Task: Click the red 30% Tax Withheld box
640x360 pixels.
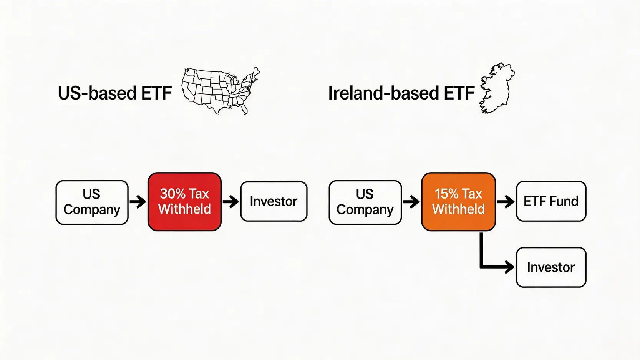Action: pos(184,202)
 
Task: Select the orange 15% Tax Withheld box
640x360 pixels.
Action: pos(459,202)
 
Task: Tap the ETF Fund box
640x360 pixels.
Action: pos(551,201)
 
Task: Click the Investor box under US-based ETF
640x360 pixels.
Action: pos(274,201)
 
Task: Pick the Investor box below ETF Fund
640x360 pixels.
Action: pos(551,267)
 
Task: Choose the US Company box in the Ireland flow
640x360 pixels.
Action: pos(365,202)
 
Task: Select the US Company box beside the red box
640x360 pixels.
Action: pos(92,202)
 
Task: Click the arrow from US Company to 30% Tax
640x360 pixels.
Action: pos(138,202)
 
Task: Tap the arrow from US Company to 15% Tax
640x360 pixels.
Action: pos(411,202)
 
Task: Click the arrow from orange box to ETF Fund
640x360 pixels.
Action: pos(506,202)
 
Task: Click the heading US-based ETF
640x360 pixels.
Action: pos(114,93)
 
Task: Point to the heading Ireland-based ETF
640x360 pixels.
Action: pos(401,93)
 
